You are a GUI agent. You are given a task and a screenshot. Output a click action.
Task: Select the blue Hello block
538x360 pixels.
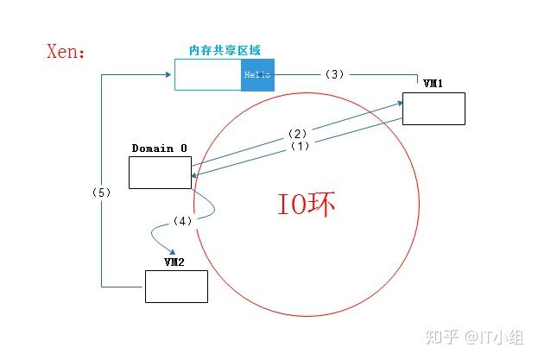[x=258, y=75]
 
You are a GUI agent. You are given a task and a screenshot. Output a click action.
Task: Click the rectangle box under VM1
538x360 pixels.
[x=434, y=109]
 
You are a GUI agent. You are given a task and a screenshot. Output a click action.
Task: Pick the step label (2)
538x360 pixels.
[x=297, y=134]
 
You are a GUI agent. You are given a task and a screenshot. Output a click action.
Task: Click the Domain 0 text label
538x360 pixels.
[x=159, y=148]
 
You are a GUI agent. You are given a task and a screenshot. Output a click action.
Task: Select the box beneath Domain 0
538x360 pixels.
[x=160, y=172]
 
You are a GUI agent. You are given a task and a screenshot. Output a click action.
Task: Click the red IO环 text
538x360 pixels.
[x=306, y=205]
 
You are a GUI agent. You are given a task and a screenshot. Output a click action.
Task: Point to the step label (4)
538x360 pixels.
[x=182, y=221]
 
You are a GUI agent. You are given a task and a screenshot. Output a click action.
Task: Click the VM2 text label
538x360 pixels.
[x=174, y=262]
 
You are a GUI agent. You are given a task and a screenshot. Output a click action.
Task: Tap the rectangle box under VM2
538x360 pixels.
[x=176, y=286]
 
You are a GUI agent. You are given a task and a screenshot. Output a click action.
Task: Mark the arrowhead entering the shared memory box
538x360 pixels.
[x=169, y=75]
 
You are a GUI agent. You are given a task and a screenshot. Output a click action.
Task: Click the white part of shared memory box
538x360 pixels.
[x=207, y=75]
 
